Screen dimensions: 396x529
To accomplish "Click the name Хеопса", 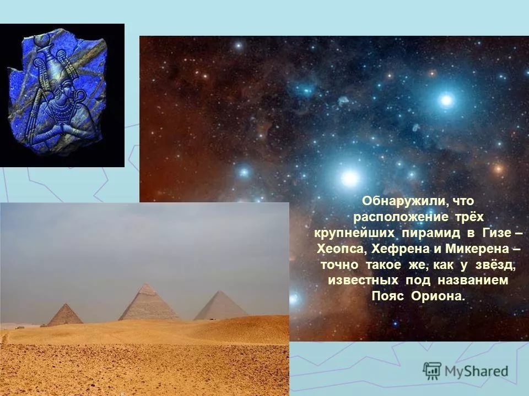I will point(341,249).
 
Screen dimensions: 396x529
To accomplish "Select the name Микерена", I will point(473,249).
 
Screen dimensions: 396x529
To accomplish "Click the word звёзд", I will point(494,265).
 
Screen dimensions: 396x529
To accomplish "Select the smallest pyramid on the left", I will point(65,316).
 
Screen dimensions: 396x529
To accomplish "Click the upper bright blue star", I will point(446,100).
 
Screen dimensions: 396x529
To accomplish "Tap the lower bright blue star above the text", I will point(349,177).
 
